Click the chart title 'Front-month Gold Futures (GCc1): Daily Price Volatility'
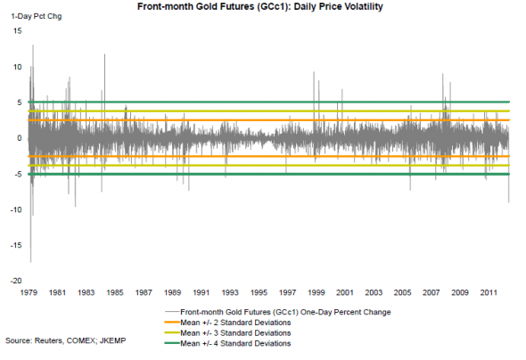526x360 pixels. click(x=260, y=6)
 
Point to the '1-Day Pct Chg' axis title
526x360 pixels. click(x=37, y=16)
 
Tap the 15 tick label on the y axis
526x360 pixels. click(x=18, y=31)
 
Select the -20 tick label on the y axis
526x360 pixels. click(x=16, y=281)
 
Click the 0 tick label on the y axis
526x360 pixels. click(x=20, y=138)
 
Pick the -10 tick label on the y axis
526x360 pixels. click(x=16, y=209)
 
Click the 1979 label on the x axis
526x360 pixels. click(x=29, y=292)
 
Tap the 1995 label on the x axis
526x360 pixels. click(x=259, y=292)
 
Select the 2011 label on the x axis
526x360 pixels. click(x=489, y=292)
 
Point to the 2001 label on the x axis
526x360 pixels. click(x=345, y=292)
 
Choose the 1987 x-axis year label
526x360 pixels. click(x=144, y=292)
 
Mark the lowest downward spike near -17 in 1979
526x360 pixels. click(x=31, y=262)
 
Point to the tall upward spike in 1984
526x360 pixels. click(x=104, y=54)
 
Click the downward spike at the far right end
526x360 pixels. click(x=509, y=201)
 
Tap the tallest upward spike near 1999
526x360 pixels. click(x=314, y=72)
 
